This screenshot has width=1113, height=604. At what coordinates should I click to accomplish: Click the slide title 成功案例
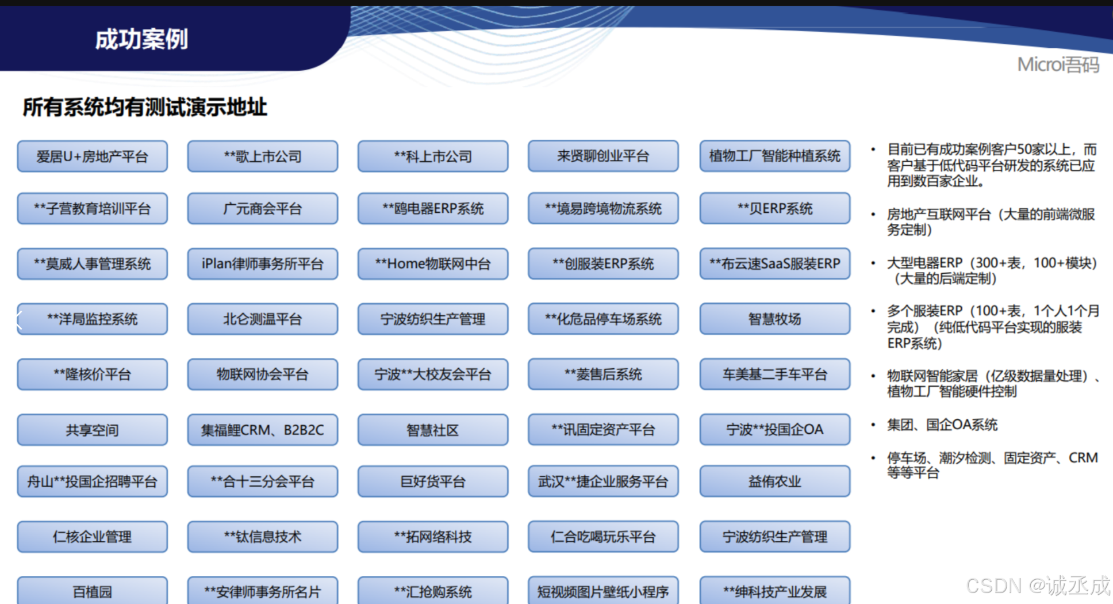point(141,40)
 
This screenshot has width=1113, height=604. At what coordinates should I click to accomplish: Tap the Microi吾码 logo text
point(1058,64)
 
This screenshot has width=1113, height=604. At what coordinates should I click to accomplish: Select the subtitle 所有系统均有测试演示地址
point(145,108)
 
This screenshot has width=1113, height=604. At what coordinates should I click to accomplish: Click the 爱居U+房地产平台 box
point(93,156)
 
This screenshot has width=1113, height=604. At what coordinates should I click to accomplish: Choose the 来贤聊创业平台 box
point(603,156)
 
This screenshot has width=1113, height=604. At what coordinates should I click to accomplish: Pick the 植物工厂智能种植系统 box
point(774,156)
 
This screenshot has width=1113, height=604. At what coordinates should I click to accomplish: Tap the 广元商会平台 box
point(263,208)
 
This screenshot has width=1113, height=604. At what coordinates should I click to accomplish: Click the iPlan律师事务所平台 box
point(263,264)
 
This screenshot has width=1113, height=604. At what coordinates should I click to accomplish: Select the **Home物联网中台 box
point(433,264)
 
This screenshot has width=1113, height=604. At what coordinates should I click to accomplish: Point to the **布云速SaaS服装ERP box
point(774,264)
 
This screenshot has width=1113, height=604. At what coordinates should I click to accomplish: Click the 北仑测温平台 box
point(263,319)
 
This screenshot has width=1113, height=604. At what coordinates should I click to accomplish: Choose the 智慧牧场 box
point(774,319)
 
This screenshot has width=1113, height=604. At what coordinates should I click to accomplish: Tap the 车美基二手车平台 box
point(774,374)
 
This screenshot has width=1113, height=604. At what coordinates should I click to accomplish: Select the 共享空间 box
point(93,430)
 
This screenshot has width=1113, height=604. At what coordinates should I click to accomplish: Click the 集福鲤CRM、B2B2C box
point(263,430)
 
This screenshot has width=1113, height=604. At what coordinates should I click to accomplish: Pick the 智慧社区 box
point(433,430)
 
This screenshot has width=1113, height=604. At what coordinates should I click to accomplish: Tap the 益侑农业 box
point(774,481)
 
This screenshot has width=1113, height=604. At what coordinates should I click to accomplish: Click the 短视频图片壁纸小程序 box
point(603,591)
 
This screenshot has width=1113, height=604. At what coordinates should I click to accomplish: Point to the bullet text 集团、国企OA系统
point(942,425)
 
